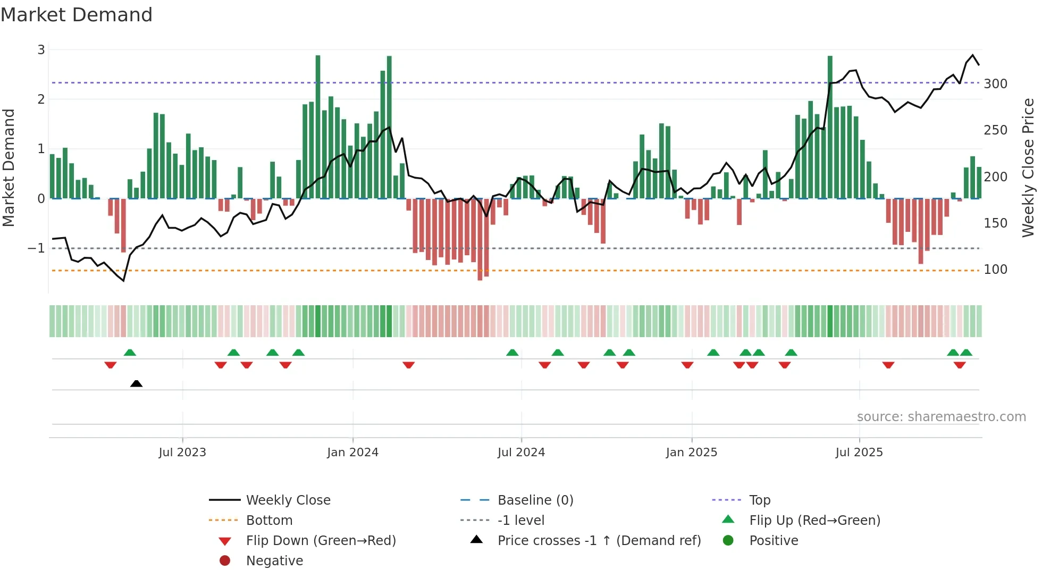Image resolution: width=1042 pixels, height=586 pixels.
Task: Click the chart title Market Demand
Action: click(77, 15)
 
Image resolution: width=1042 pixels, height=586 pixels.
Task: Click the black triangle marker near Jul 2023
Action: click(136, 383)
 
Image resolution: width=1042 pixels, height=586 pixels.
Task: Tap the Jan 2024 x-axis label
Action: click(352, 453)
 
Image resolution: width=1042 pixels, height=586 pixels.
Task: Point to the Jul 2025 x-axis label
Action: click(859, 453)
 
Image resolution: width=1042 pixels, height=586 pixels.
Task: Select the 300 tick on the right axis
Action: click(995, 84)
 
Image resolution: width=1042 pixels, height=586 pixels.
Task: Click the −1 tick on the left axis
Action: click(36, 248)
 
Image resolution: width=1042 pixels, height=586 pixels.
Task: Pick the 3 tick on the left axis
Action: click(41, 50)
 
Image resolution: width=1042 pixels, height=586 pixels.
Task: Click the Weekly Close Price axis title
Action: click(1028, 168)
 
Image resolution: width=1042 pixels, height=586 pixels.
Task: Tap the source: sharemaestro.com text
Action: click(941, 417)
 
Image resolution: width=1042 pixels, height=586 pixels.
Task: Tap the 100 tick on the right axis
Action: click(995, 270)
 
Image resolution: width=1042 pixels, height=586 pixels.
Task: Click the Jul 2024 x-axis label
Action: click(521, 453)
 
